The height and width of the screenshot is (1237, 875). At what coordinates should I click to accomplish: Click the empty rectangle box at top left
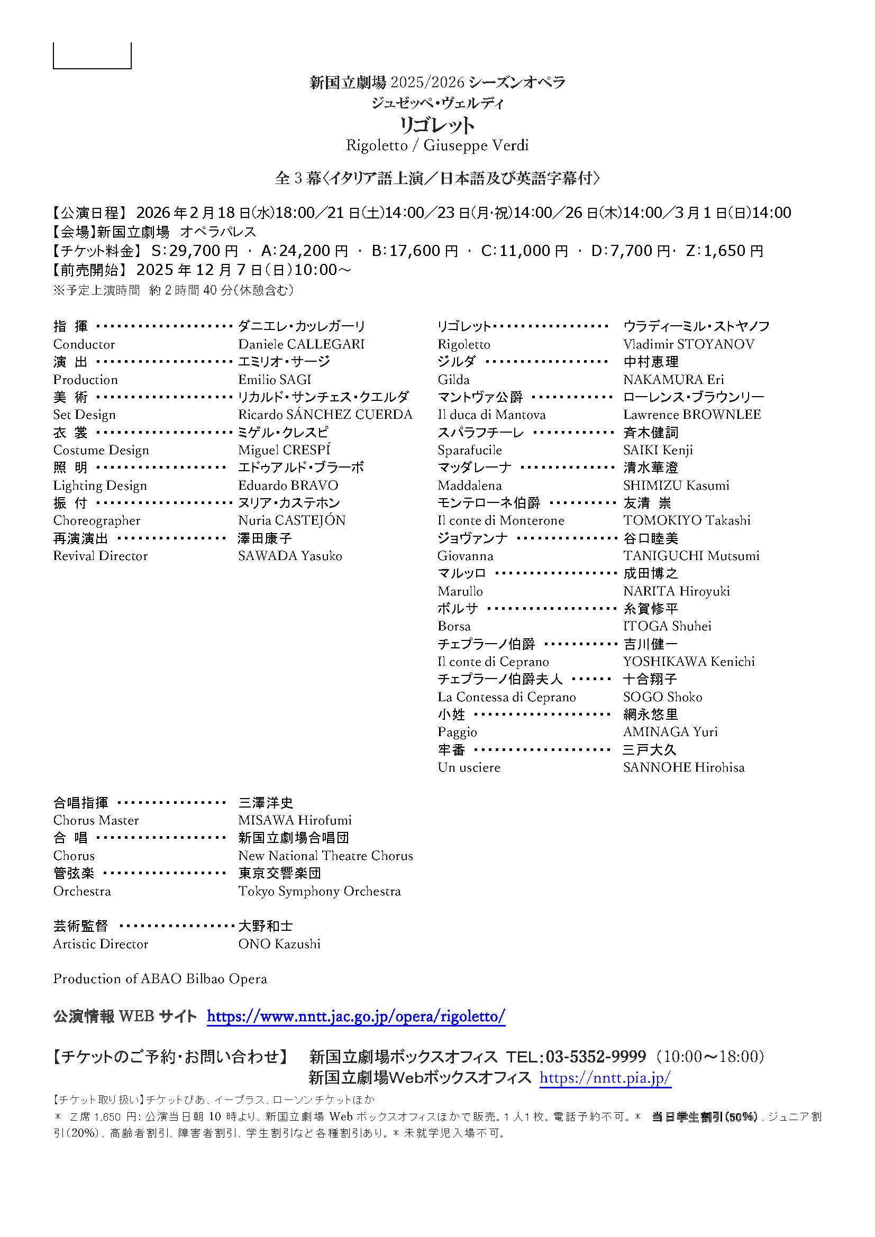[92, 56]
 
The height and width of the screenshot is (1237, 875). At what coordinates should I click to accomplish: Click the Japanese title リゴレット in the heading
[436, 125]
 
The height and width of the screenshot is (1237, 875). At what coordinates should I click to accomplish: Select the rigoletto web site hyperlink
[356, 1016]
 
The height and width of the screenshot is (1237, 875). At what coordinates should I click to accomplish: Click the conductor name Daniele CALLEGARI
[301, 344]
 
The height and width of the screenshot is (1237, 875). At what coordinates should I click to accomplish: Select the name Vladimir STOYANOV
[689, 344]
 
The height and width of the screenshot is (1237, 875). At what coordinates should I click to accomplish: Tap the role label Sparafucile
[469, 451]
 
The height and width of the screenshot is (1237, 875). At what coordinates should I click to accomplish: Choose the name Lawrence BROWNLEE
[692, 415]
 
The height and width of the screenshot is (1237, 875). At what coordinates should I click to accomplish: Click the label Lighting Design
[99, 485]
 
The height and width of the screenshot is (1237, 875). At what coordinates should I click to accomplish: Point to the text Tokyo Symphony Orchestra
[320, 891]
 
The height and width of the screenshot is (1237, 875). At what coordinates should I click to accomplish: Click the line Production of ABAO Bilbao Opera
[160, 979]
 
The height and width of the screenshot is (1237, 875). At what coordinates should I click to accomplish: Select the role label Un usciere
[469, 767]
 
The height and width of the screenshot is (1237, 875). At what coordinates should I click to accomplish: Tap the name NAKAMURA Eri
[673, 380]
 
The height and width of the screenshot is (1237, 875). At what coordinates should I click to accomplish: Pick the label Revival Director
[100, 556]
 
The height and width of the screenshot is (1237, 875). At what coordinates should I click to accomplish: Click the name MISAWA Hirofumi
[295, 821]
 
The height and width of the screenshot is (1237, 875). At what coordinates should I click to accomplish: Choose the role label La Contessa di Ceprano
[506, 697]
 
